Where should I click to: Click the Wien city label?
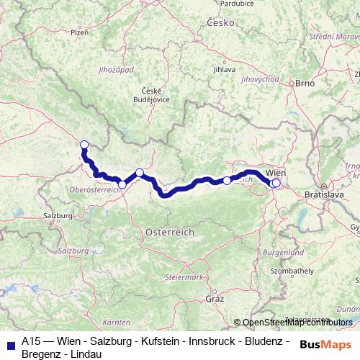(x=277, y=174)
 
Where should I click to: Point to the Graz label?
(x=215, y=298)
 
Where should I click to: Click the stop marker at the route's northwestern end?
(x=84, y=144)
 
